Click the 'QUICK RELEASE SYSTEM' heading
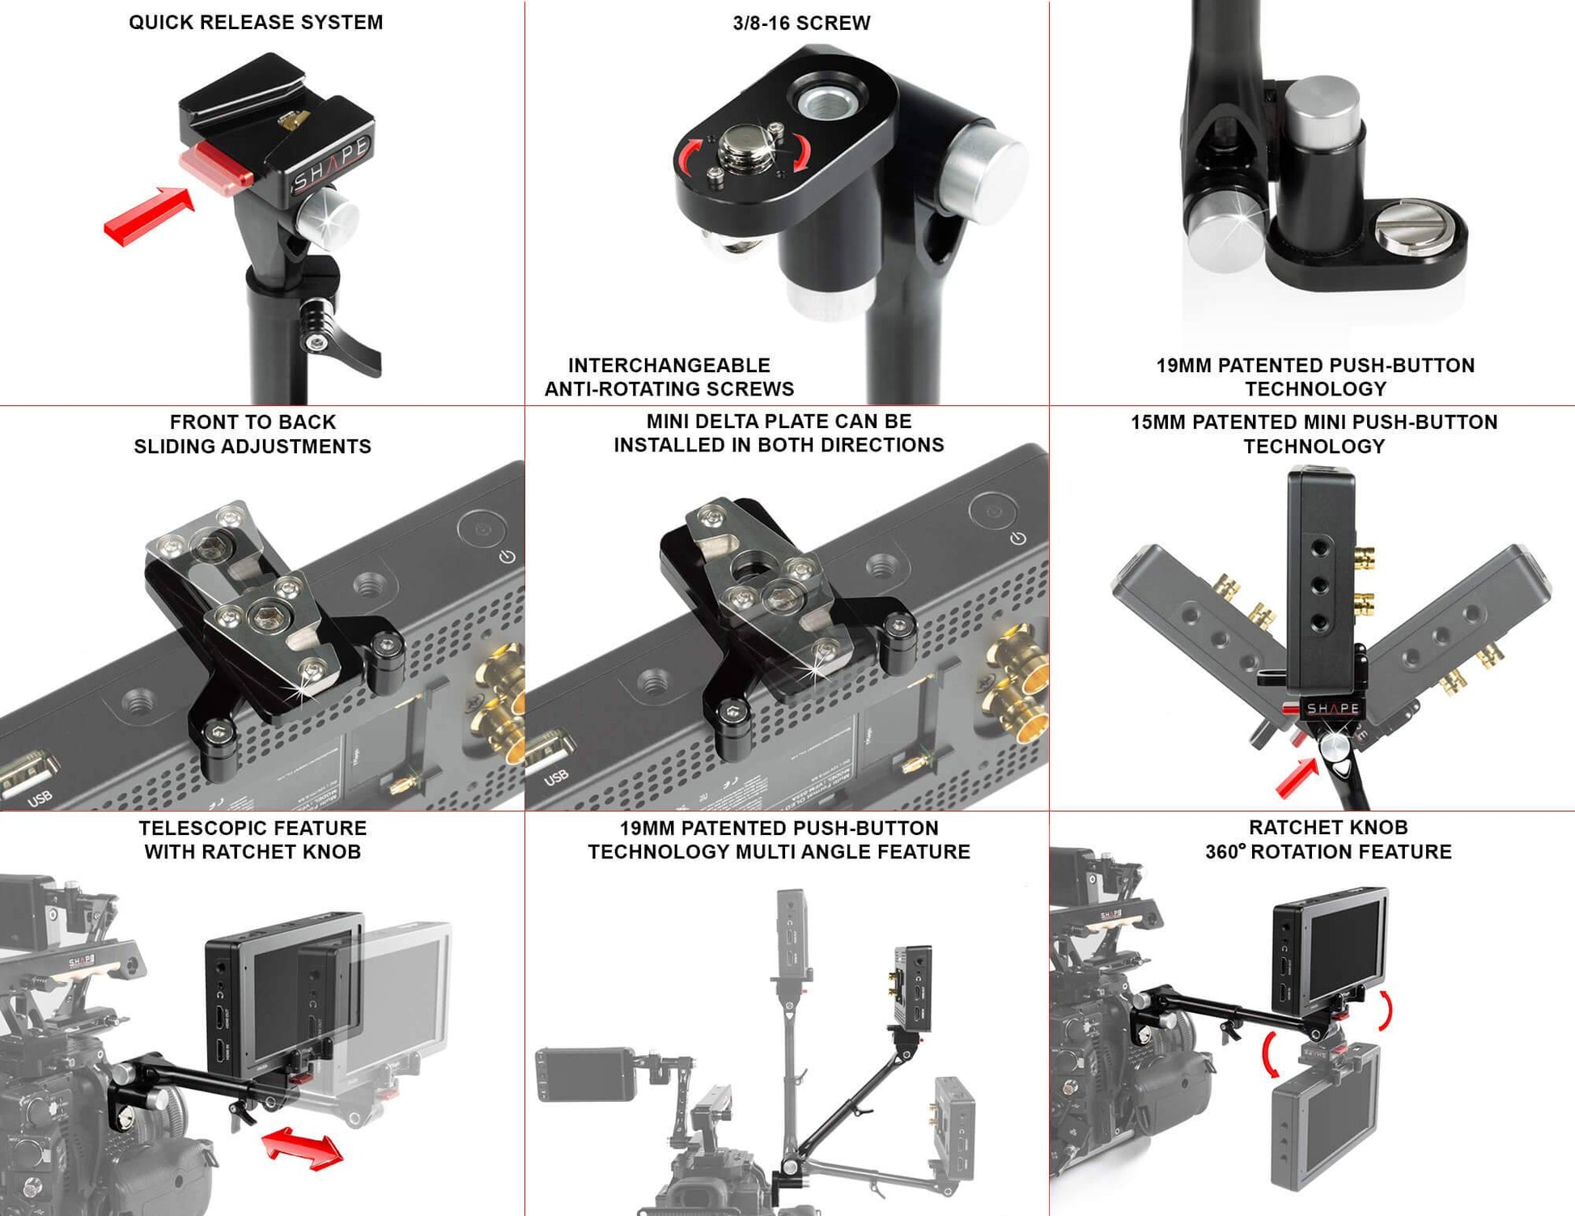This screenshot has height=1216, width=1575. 256,22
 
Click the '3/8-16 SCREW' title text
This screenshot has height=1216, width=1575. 801,23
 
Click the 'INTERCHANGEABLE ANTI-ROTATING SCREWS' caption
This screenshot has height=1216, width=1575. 669,377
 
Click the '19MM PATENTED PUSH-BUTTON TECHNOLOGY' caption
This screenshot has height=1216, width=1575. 1315,377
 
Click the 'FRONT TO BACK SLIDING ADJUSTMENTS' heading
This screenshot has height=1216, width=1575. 253,434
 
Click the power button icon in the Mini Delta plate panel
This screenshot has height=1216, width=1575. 1018,538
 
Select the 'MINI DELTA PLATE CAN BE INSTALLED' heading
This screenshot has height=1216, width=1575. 779,433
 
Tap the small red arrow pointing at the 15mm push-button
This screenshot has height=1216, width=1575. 1297,777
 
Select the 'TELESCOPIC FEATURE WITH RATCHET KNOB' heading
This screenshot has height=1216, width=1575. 253,840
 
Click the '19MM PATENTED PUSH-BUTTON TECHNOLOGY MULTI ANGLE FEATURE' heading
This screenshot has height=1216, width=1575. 779,840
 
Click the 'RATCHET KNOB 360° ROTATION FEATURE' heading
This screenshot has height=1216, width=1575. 1328,840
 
